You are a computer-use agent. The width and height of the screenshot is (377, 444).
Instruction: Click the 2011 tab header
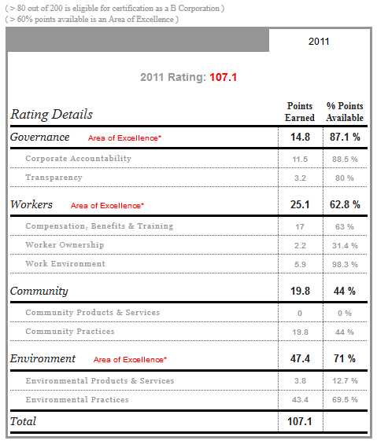319,42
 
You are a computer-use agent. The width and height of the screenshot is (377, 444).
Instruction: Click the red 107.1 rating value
223,77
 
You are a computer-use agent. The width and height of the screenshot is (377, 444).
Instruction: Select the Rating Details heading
52,115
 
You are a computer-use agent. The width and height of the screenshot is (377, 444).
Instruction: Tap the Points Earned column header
300,112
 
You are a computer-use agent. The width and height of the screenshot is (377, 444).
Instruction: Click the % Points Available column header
345,112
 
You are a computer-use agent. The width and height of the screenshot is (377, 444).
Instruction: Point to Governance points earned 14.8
300,137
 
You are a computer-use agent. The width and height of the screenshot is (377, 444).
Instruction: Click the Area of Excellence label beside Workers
107,206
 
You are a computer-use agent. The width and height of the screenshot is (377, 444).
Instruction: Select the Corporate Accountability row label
78,158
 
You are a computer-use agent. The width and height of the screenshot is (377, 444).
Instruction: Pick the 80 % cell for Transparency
345,178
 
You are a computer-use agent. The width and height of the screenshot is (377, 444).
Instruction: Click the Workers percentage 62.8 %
345,204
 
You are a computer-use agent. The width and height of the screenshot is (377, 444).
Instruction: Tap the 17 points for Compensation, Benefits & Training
300,227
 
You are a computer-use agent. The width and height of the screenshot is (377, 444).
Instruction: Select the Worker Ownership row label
65,244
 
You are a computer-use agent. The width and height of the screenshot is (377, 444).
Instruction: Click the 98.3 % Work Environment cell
345,265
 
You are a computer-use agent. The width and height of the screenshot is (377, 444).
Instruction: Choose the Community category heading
39,291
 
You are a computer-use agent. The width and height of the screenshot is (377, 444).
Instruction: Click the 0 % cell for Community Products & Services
345,314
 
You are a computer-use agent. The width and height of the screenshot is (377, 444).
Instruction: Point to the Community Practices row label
70,332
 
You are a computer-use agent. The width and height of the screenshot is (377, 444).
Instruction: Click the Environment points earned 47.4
300,358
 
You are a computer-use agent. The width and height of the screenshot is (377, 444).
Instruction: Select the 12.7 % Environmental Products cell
345,381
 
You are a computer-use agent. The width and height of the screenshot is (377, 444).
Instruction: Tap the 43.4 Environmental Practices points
300,399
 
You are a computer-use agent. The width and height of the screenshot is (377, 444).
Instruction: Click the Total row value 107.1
300,421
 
